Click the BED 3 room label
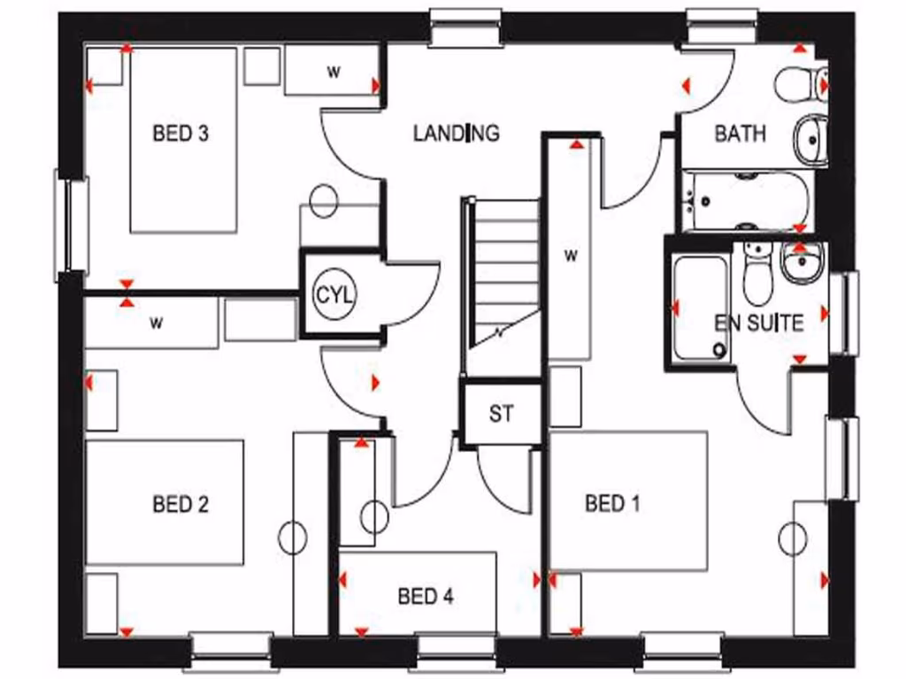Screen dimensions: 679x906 (180, 134)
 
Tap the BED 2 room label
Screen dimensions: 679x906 (180, 504)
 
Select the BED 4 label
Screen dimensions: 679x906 (426, 597)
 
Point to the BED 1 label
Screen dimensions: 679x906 (612, 504)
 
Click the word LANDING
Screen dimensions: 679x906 (457, 134)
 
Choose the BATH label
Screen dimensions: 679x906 (740, 134)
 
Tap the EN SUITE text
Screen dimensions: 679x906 (759, 323)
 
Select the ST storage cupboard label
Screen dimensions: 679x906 (501, 413)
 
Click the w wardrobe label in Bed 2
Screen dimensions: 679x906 (157, 323)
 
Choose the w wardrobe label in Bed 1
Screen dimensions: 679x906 (572, 256)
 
